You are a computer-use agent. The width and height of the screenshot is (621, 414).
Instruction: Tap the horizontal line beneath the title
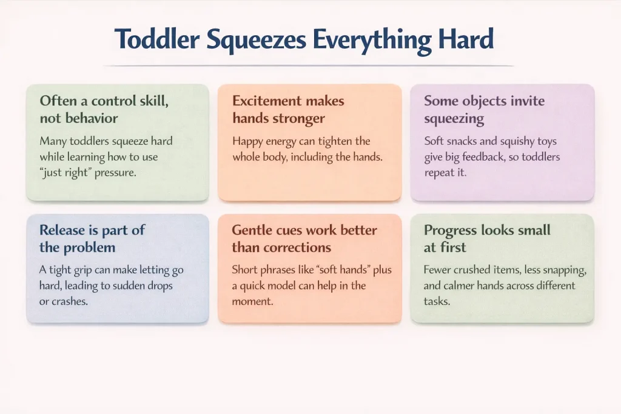click(309, 65)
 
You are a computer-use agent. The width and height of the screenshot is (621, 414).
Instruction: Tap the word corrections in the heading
click(299, 247)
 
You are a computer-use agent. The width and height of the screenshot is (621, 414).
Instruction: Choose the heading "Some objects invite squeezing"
click(483, 109)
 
